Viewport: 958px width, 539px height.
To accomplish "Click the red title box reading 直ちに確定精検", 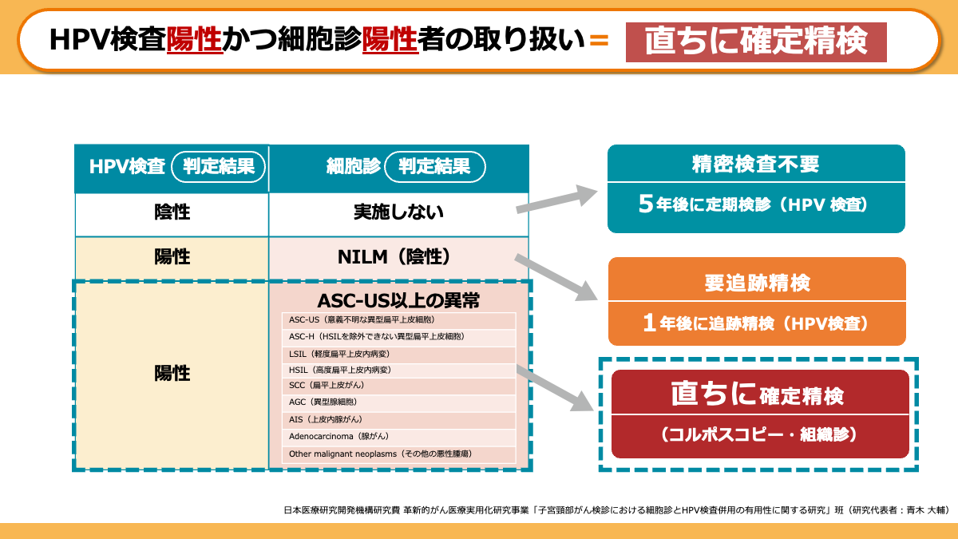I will [x=755, y=42].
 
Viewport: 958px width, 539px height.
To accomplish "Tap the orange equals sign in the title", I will [x=598, y=40].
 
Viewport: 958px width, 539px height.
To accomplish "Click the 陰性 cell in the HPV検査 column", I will [x=172, y=213].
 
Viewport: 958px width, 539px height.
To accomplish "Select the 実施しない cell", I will [x=398, y=213].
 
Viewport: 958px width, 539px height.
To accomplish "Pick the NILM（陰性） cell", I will [x=398, y=257].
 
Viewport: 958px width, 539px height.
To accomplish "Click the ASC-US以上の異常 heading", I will [x=398, y=301].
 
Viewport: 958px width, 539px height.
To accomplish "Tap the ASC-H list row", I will [x=398, y=337].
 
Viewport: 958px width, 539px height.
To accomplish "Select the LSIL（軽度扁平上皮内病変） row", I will [x=398, y=354].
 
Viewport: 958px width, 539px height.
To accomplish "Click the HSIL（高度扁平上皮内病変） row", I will [x=398, y=370].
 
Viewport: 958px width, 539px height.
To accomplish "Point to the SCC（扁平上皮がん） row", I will [x=398, y=386].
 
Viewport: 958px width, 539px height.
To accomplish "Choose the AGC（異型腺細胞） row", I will [x=398, y=402].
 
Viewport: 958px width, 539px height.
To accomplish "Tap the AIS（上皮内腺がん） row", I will [x=398, y=419].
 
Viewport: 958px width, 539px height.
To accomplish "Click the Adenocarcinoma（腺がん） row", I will [x=398, y=436].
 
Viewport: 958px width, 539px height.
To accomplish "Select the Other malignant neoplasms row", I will [x=398, y=454].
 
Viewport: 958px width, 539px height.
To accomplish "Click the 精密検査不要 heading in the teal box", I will [x=755, y=164].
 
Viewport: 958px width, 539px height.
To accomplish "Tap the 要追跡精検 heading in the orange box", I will [x=757, y=281].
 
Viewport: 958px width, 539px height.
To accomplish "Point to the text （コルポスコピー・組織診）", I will [x=759, y=435].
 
